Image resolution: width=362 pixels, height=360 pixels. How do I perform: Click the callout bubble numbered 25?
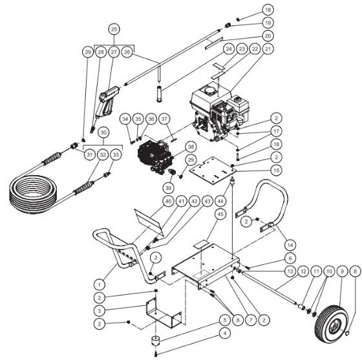click(x=114, y=30)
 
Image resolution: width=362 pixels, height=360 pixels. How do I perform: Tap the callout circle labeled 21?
click(x=268, y=48)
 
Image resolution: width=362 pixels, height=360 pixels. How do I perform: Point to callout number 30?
click(x=101, y=131)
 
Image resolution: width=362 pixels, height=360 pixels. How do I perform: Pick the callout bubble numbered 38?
click(x=191, y=147)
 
